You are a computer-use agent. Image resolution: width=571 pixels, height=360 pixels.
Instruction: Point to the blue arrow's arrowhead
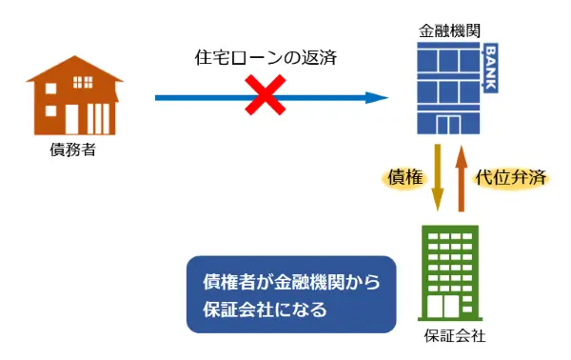pyautogui.click(x=379, y=97)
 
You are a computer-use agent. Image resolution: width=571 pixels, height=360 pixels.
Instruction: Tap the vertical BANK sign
pyautogui.click(x=490, y=68)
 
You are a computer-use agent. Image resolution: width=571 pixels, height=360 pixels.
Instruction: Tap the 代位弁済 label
pyautogui.click(x=510, y=178)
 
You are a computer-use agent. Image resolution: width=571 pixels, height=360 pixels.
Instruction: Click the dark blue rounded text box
pyautogui.click(x=291, y=294)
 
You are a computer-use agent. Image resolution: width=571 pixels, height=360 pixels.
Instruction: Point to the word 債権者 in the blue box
pyautogui.click(x=229, y=282)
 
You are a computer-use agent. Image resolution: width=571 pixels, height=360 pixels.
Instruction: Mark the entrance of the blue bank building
pyautogui.click(x=447, y=124)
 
